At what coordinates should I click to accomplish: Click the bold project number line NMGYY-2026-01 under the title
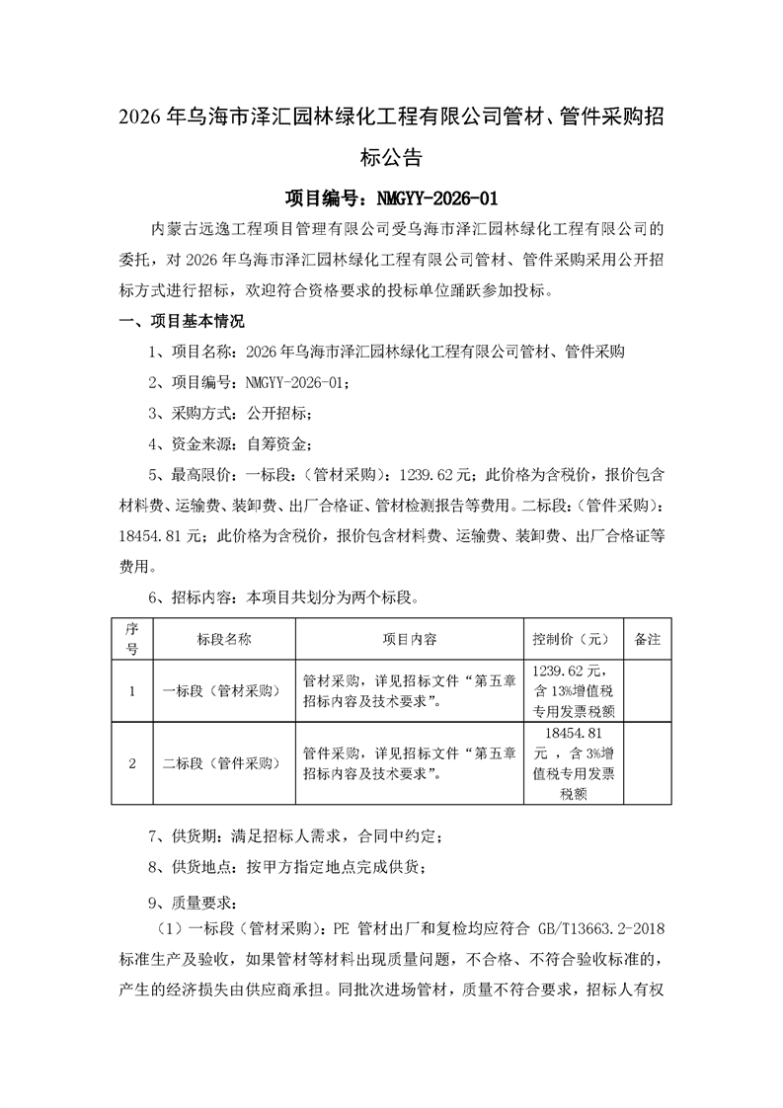(391, 198)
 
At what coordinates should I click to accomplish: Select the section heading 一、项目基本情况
(181, 321)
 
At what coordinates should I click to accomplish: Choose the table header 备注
(647, 639)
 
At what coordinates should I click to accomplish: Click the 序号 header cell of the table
(131, 639)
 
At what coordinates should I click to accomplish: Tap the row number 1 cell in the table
(131, 691)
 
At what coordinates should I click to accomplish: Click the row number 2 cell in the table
(131, 763)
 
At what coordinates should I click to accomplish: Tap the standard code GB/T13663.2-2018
(605, 928)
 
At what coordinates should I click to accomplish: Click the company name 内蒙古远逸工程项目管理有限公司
(269, 229)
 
